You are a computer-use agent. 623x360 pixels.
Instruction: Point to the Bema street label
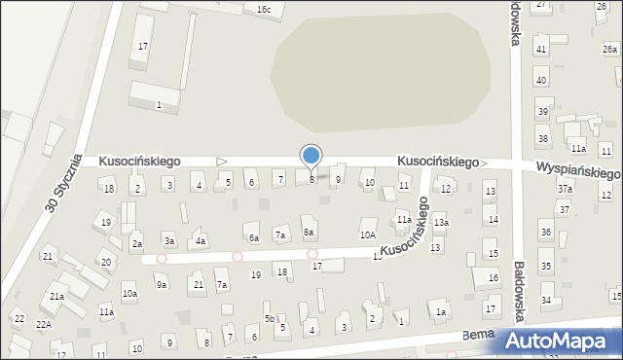coord(477,334)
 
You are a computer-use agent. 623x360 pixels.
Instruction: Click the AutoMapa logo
coord(562,341)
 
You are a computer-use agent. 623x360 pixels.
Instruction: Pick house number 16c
coord(263,9)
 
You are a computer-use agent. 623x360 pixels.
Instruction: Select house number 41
coord(541,49)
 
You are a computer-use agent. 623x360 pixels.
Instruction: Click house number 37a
coord(565,188)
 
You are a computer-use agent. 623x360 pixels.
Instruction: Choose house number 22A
coord(44,324)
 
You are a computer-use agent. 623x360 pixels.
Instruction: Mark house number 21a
coord(57,297)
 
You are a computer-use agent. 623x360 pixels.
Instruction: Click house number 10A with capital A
coord(368,234)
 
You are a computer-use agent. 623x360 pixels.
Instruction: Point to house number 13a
coord(441,223)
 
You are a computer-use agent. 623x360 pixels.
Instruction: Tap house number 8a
coord(309,233)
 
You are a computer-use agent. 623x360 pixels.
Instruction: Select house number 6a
coord(254,237)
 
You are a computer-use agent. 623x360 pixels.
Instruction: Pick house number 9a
coord(162,284)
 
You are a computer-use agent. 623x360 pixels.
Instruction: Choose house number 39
coord(543,113)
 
